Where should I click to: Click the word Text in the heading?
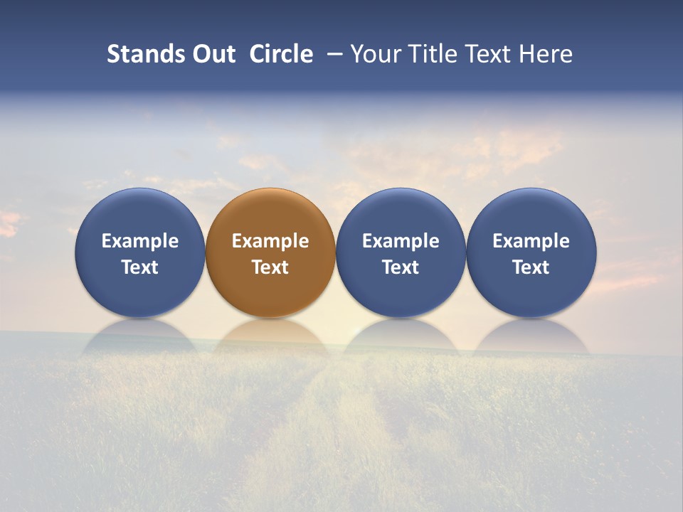pos(487,54)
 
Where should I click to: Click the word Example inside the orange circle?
pos(270,241)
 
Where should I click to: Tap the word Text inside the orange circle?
pos(270,267)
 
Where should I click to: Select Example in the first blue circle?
pos(139,241)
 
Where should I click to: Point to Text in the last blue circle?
pos(531,267)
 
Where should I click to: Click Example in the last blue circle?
pos(531,241)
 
